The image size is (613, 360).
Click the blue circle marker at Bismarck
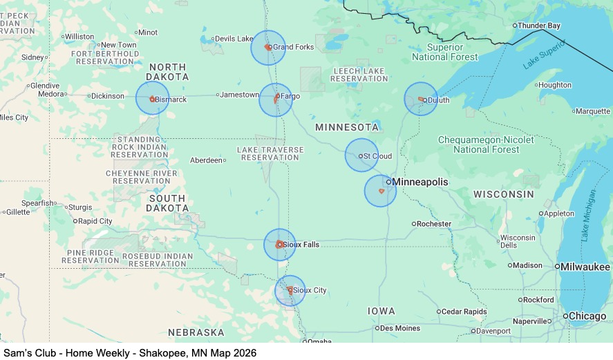point(152,98)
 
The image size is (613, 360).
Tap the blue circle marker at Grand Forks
point(268,48)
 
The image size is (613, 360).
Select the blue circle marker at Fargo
point(276,100)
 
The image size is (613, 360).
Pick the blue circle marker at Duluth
point(421,99)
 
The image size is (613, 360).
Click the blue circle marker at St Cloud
point(361,155)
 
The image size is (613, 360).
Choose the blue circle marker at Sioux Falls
point(280,245)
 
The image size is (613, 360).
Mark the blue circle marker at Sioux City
point(290,290)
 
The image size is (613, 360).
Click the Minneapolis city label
point(419,182)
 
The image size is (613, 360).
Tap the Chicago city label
point(587,316)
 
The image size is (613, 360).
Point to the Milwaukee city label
point(585,267)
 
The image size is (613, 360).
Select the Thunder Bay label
point(539,26)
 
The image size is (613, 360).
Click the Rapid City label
point(95,221)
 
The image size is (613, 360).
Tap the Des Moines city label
point(400,328)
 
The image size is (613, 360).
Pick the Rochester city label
point(435,224)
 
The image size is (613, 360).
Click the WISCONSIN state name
point(503,194)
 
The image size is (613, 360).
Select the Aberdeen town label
point(206,160)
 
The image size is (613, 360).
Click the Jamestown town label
point(239,95)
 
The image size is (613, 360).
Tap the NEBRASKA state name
point(196,332)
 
